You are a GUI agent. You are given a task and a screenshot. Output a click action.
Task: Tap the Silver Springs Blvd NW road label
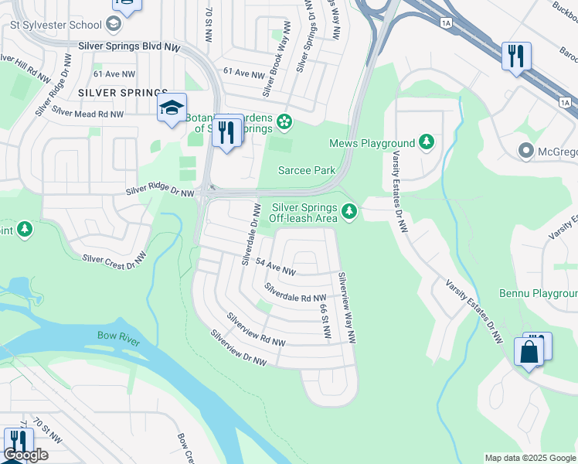[x=130, y=46]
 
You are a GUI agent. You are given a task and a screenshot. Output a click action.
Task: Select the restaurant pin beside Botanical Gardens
[x=226, y=132]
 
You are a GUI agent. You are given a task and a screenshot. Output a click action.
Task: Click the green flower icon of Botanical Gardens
[x=284, y=121]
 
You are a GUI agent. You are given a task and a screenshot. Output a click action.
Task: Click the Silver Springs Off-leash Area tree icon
[x=349, y=210]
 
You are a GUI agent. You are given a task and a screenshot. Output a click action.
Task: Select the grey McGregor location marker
[x=528, y=150]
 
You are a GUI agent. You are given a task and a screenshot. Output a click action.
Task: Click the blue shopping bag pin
[x=530, y=352]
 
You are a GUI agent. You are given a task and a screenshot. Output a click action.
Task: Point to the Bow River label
[x=117, y=336]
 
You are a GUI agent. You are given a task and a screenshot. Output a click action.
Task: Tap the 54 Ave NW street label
[x=276, y=268]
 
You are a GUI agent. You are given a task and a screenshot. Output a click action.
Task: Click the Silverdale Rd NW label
[x=294, y=292]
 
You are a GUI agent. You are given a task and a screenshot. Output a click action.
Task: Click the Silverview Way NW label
[x=345, y=307]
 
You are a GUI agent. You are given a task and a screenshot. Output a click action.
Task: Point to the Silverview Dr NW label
[x=238, y=350]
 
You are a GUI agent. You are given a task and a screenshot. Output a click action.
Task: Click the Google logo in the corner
[x=26, y=455]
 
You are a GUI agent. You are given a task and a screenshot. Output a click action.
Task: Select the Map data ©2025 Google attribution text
[x=529, y=458]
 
